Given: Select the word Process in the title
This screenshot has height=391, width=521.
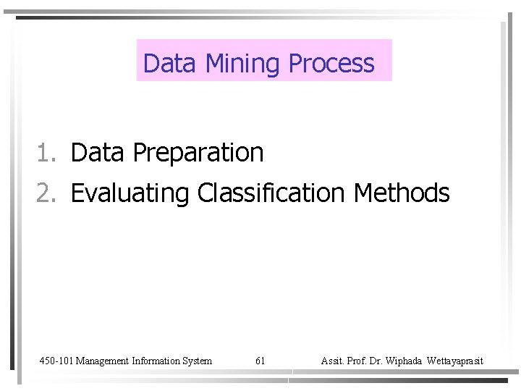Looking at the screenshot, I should tap(331, 64).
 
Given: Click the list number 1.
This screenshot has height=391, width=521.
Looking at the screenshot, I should tap(46, 153).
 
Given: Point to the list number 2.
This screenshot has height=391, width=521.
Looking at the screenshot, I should tap(46, 193).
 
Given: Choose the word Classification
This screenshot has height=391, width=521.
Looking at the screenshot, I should tap(271, 193).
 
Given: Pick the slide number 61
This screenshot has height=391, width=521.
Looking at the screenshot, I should tap(260, 361).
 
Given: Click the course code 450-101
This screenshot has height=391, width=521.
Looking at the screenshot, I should tap(56, 361).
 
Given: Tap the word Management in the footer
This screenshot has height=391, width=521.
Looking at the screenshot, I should tap(102, 361).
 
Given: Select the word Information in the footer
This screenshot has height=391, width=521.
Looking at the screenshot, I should tap(157, 361).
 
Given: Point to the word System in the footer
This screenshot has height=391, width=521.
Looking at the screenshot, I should tap(198, 361).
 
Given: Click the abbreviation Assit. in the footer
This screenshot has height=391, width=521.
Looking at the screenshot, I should tap(332, 361).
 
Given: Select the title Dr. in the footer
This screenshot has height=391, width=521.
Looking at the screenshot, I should tap(378, 361).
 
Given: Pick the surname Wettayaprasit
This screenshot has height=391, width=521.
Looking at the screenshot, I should tap(455, 361).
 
